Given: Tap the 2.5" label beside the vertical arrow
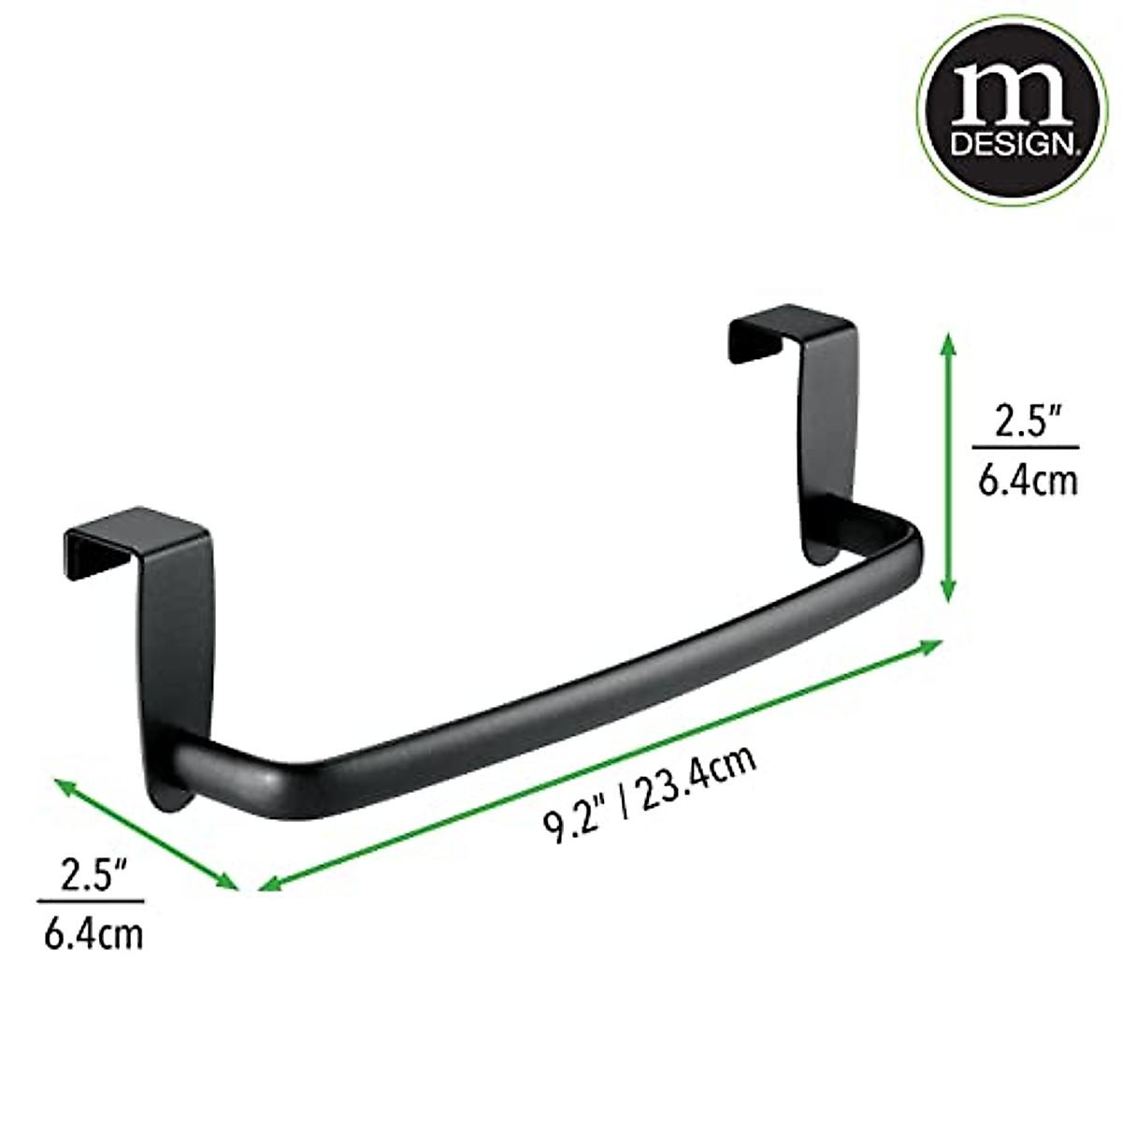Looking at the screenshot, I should click(1024, 423).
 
